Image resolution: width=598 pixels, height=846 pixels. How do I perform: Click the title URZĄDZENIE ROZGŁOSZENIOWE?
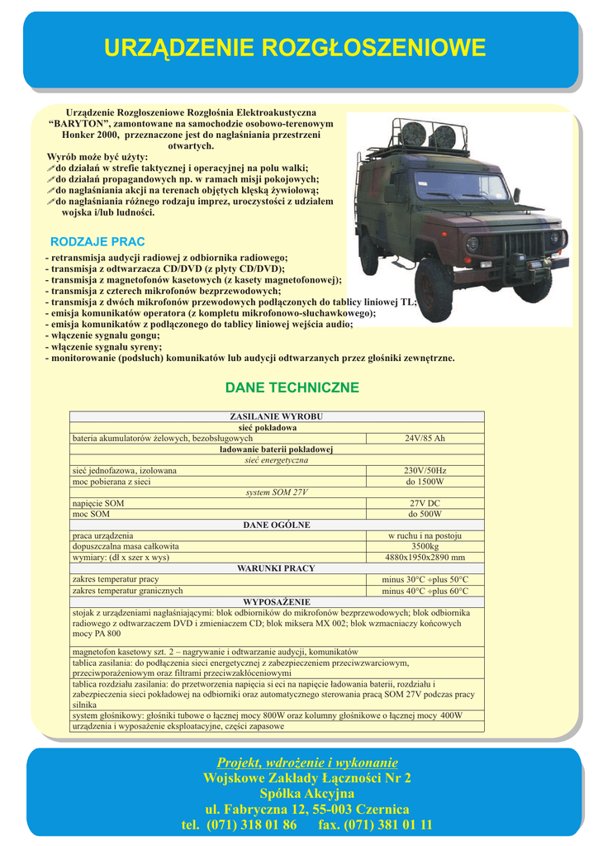coord(295,48)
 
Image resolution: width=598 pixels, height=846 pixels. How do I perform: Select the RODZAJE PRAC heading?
coord(97,241)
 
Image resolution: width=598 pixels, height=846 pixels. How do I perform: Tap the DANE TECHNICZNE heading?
coord(292,387)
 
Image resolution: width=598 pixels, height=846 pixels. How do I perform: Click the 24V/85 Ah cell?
coord(425,438)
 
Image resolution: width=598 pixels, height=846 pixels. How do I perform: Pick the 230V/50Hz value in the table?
coord(425,470)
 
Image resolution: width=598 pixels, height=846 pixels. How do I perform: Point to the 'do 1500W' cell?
coord(425,481)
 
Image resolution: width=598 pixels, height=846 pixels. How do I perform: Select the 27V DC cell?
coord(425,503)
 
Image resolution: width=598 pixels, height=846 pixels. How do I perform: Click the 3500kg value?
coord(425,546)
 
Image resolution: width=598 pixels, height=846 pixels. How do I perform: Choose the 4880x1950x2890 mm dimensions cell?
coord(425,558)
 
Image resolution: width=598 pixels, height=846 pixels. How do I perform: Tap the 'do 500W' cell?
coord(425,514)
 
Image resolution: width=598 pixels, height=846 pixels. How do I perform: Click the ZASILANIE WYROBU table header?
coord(276,416)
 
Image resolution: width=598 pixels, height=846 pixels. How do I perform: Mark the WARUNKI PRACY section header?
coord(276,568)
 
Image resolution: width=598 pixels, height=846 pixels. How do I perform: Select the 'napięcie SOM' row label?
coord(98,503)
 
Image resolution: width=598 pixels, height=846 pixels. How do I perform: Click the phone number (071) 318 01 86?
coord(251,825)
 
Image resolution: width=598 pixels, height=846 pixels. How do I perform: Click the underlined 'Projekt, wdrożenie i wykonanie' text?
coord(306,762)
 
